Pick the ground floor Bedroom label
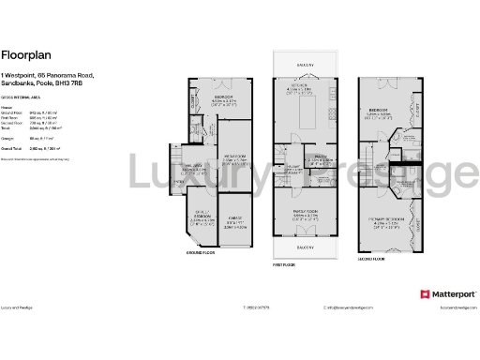click(x=222, y=96)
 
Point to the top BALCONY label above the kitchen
click(x=304, y=65)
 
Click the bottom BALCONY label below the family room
click(x=304, y=247)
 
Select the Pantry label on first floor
click(x=319, y=157)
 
